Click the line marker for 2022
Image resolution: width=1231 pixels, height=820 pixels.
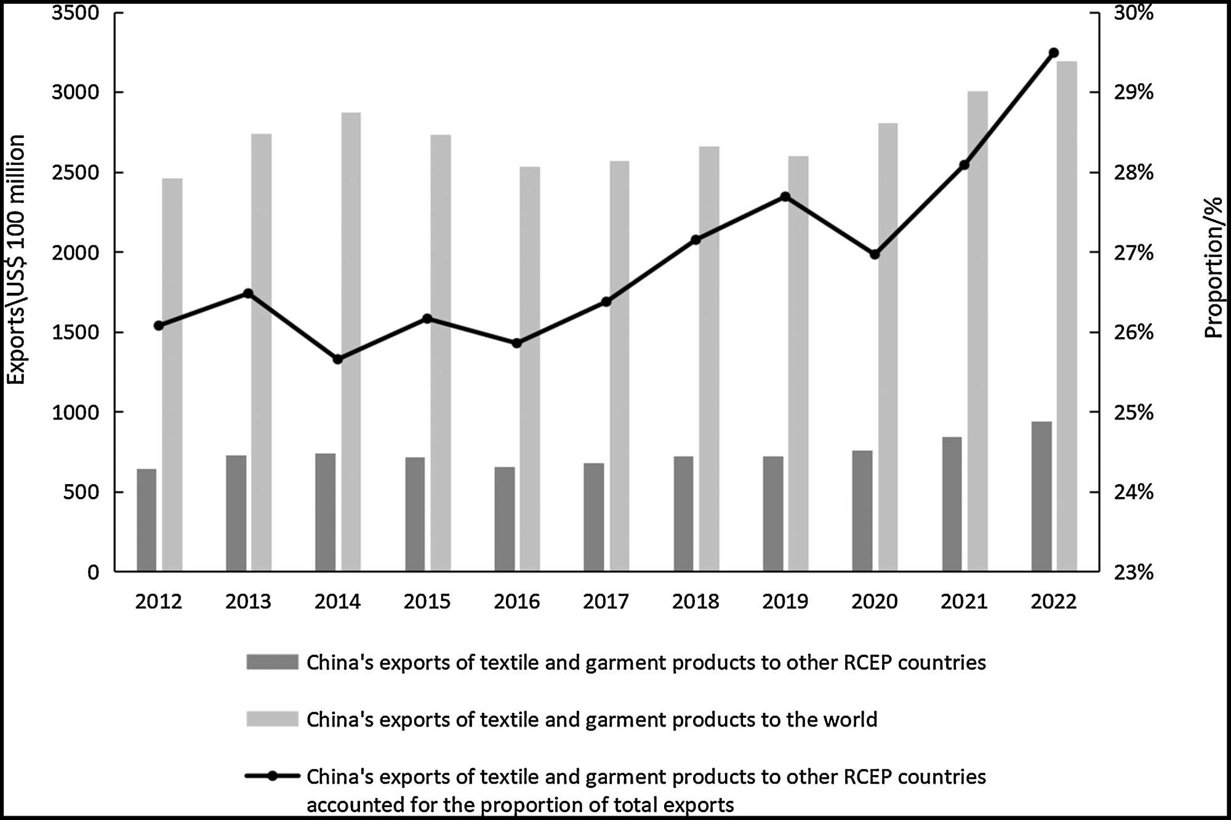[x=1053, y=52]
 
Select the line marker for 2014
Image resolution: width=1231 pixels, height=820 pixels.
[x=337, y=359]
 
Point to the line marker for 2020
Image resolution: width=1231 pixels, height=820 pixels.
[x=875, y=254]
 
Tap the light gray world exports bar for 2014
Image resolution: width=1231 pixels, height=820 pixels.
[x=351, y=341]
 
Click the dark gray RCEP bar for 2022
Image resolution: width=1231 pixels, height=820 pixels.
[x=1041, y=496]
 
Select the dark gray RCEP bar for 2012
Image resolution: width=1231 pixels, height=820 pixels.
[x=146, y=520]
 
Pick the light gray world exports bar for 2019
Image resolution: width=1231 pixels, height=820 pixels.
[x=798, y=364]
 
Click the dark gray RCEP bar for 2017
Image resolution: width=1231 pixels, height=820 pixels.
[x=594, y=517]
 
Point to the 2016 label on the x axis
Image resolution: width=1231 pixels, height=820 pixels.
[x=516, y=602]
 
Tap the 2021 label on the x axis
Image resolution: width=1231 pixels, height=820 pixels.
[x=964, y=602]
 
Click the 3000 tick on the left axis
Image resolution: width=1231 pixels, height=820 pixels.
[x=75, y=92]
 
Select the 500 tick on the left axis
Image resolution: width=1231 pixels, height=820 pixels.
[x=81, y=492]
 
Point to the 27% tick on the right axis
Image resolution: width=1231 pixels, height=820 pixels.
[x=1133, y=252]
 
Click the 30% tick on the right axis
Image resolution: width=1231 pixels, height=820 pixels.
[x=1133, y=12]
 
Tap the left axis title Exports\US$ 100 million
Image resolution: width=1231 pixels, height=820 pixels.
[x=17, y=260]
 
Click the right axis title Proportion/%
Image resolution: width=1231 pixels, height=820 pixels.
[x=1213, y=268]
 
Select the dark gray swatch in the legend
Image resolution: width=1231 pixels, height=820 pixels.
[x=272, y=662]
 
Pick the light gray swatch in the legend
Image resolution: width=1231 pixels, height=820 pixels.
[x=272, y=719]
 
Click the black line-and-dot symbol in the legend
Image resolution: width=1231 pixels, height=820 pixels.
[x=272, y=776]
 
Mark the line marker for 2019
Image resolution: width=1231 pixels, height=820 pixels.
[x=785, y=197]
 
